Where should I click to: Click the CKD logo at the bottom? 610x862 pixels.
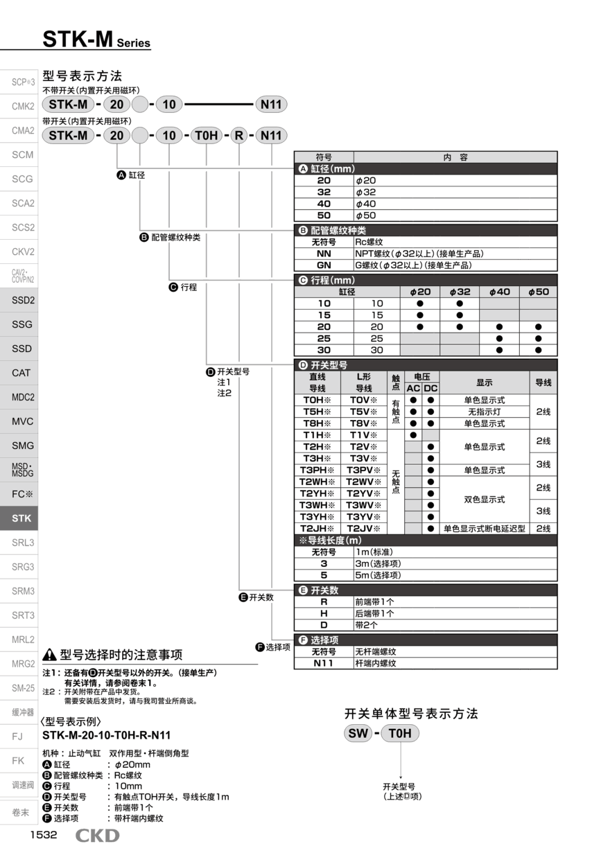point(97,836)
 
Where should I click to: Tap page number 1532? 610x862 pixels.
point(43,835)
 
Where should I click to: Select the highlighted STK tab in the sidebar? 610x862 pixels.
point(21,518)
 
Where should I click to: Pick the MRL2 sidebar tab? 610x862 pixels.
point(22,640)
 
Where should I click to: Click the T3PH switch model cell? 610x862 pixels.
point(317,470)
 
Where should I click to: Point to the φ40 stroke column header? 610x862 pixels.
point(499,292)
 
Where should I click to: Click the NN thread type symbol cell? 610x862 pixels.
point(324,254)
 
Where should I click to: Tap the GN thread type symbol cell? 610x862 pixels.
point(324,265)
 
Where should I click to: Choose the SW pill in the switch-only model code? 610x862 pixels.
point(358,734)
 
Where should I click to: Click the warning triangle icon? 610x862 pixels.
point(49,655)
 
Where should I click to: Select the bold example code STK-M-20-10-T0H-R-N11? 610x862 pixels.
point(107,736)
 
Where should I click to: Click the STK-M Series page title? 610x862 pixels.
point(96,40)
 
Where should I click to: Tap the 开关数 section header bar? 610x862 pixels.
point(426,590)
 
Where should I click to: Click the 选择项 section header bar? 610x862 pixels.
point(426,640)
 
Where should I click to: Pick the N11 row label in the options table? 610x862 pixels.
point(324,663)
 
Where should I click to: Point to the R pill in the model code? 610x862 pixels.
point(238,136)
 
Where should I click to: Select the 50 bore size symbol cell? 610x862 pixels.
point(324,215)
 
